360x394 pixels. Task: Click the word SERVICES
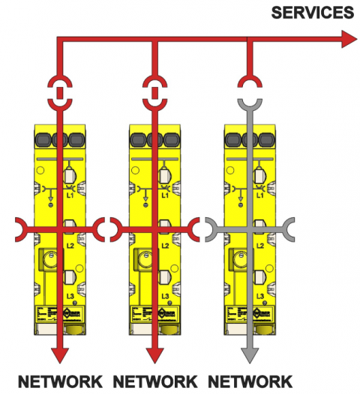tap(312, 13)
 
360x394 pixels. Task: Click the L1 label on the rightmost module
tap(259, 195)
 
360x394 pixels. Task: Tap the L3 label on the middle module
tap(163, 297)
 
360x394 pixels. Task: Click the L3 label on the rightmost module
tap(259, 297)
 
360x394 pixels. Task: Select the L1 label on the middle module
tap(163, 195)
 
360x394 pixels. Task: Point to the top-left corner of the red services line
tap(58, 40)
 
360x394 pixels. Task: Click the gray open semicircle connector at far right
tap(289, 224)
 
